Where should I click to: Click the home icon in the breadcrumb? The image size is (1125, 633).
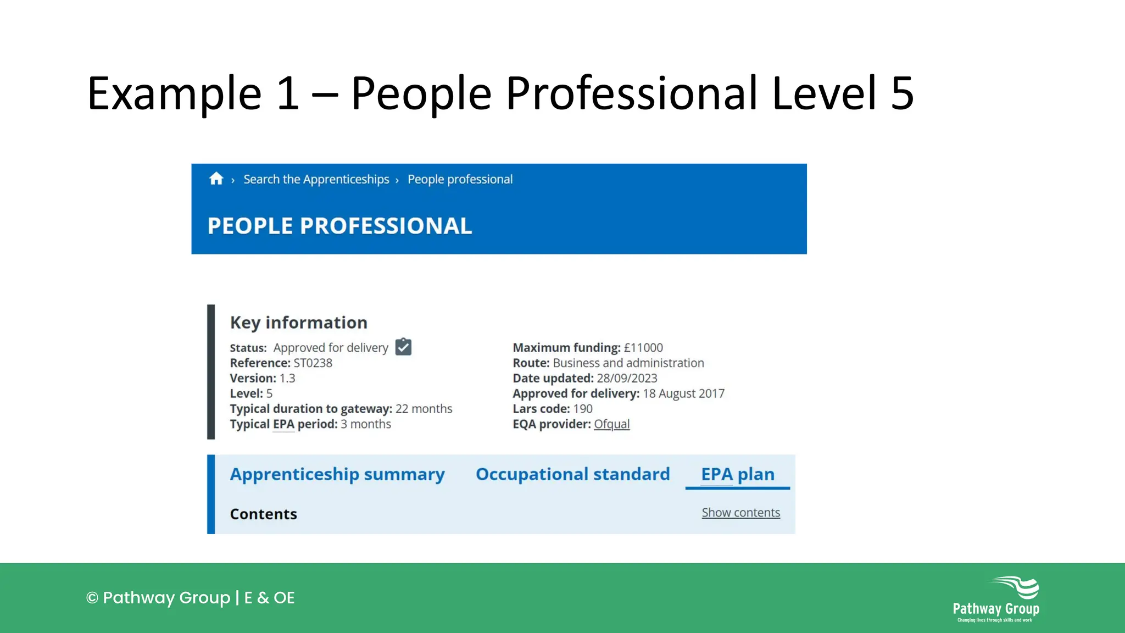216,179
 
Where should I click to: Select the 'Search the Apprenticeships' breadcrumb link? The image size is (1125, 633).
316,180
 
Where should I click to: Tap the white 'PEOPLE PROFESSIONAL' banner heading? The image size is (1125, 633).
339,226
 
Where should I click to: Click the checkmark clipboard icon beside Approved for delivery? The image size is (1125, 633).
403,347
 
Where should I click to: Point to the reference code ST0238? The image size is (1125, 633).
313,363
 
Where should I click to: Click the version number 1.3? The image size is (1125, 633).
287,379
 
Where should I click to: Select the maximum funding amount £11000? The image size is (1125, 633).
643,348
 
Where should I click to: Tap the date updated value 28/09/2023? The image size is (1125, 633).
627,379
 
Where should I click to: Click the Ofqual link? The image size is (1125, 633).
611,424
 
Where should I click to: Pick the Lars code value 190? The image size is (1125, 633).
583,409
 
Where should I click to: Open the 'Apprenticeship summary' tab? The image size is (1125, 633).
337,474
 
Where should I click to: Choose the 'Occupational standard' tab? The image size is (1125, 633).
572,474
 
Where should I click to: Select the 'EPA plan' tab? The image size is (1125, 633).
737,474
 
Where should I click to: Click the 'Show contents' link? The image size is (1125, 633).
740,513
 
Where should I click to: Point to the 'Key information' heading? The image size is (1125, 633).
298,323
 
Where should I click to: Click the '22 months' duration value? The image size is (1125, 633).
424,409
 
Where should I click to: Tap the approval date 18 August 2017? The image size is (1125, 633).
683,393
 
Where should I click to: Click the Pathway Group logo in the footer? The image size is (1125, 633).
996,599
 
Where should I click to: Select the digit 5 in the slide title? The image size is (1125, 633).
902,93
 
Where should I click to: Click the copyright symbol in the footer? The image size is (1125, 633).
92,598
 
